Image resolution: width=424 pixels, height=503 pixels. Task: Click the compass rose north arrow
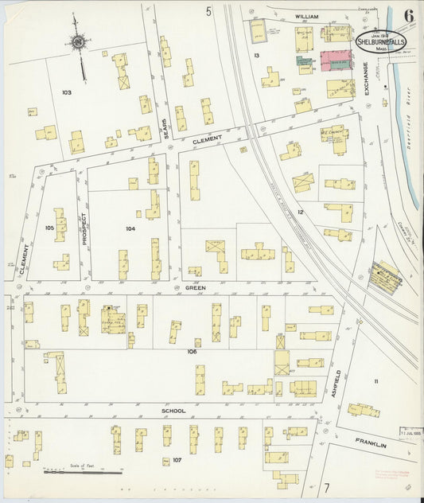(x=78, y=41)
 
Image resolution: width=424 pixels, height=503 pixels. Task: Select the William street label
(x=306, y=16)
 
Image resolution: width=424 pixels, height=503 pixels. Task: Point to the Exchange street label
(x=367, y=79)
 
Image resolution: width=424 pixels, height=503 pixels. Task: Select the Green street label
(x=196, y=287)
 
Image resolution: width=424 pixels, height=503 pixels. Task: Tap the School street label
(x=173, y=411)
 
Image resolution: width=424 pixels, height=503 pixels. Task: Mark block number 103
(x=66, y=92)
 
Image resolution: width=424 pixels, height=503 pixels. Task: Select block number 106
(x=191, y=351)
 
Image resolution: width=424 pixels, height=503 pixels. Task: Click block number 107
(x=177, y=460)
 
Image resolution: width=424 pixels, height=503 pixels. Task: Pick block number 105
(x=49, y=228)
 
